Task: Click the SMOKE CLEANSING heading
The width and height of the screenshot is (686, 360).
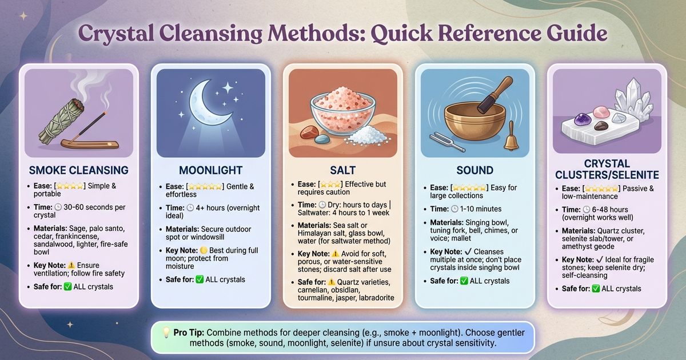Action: click(x=78, y=170)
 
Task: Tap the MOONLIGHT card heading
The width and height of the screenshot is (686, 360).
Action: click(x=210, y=170)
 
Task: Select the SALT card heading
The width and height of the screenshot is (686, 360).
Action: click(x=342, y=170)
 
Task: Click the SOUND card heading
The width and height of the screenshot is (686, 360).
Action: click(x=474, y=170)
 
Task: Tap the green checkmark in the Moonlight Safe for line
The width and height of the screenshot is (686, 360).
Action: click(x=200, y=279)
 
